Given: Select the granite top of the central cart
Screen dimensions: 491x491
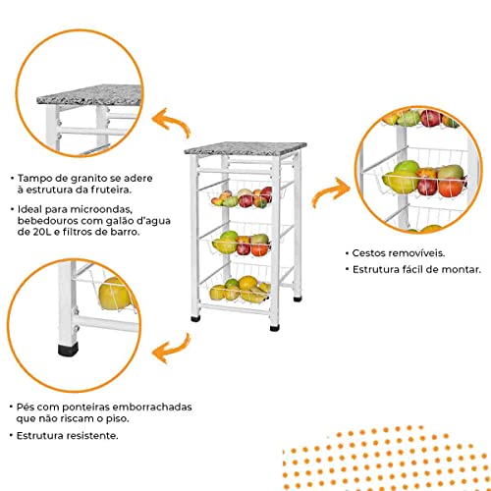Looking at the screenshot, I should [239, 150].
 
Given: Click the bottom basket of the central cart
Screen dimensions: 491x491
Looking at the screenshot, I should [238, 288].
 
